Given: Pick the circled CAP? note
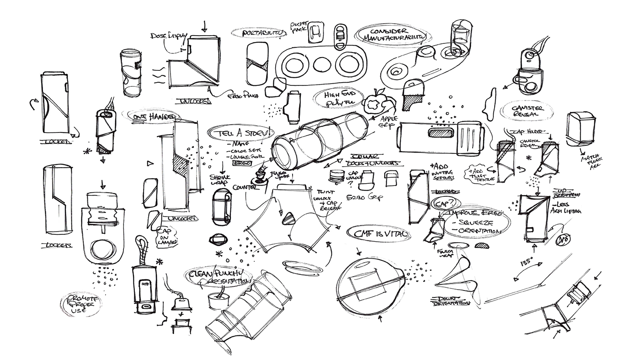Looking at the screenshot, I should click(x=443, y=202).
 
